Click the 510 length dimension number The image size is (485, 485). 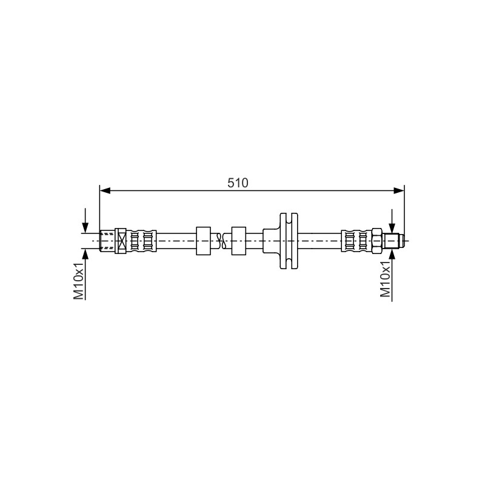pos(238,183)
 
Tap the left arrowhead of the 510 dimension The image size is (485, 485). pos(105,190)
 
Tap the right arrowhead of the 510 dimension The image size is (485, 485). pos(399,190)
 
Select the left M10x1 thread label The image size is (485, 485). pos(79,281)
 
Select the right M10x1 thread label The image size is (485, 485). pos(386,279)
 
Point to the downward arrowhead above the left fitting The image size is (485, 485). pos(85,228)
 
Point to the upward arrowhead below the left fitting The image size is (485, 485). pos(85,253)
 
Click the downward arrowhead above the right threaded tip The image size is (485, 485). pos(392,229)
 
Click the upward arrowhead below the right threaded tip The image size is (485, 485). pos(392,253)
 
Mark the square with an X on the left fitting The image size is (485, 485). pos(121,241)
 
